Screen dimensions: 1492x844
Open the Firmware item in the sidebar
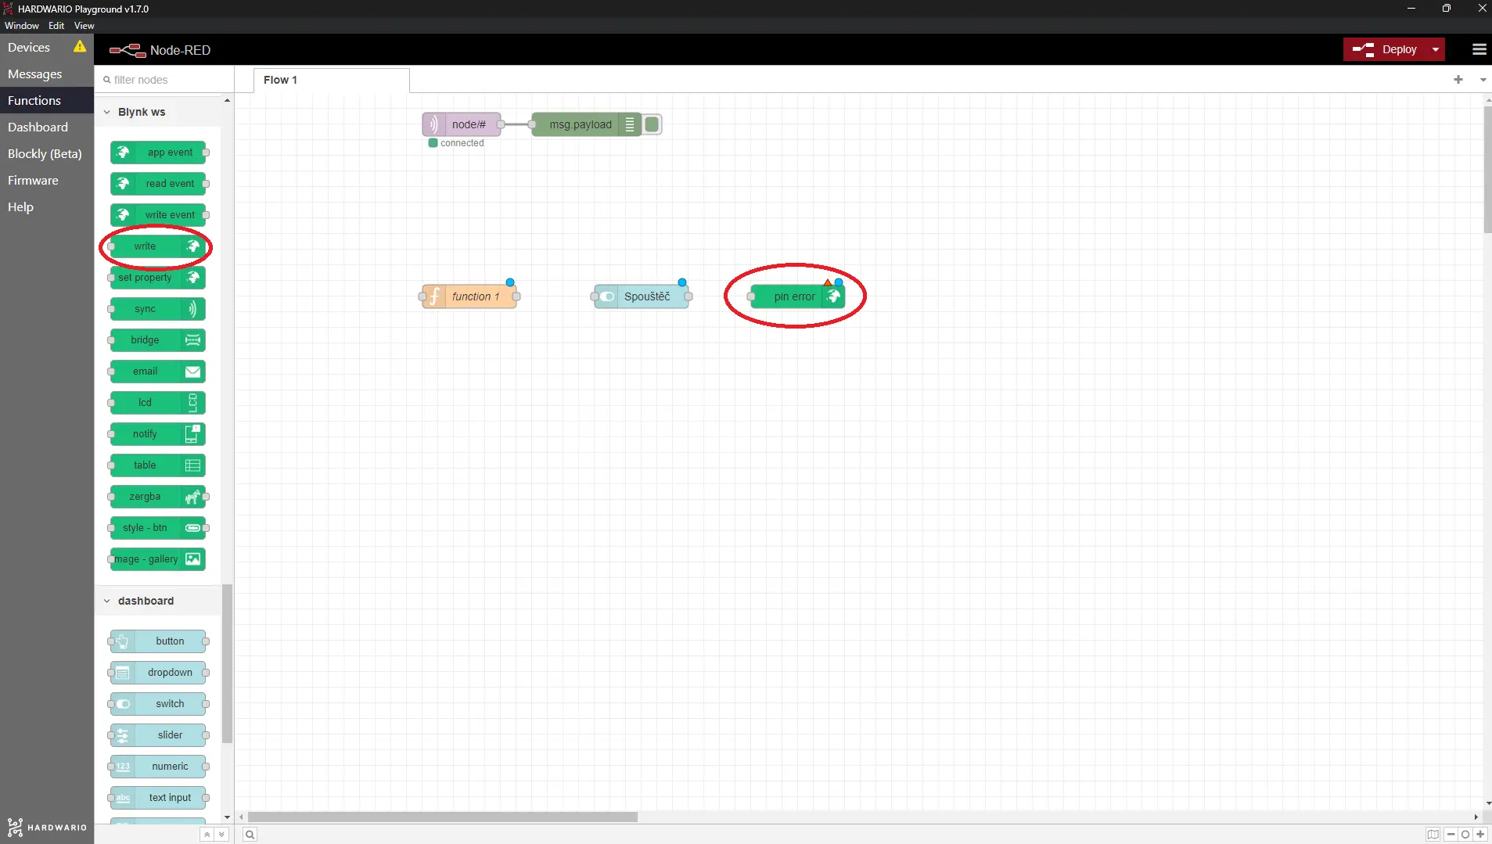click(33, 180)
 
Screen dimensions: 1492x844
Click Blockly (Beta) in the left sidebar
click(45, 153)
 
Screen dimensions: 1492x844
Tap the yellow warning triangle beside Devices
click(80, 46)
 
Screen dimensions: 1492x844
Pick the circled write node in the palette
click(157, 246)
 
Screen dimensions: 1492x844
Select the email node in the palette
click(157, 372)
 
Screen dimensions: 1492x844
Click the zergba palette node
click(157, 497)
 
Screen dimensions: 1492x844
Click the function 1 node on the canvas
click(469, 296)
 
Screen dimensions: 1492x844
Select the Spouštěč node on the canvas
click(642, 296)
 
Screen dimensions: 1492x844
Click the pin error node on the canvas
click(797, 296)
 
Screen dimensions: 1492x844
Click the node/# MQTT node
click(462, 124)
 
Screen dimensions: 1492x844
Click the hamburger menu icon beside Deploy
click(1479, 49)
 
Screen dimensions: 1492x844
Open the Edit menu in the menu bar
click(56, 26)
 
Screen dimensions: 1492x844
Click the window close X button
click(1482, 8)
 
